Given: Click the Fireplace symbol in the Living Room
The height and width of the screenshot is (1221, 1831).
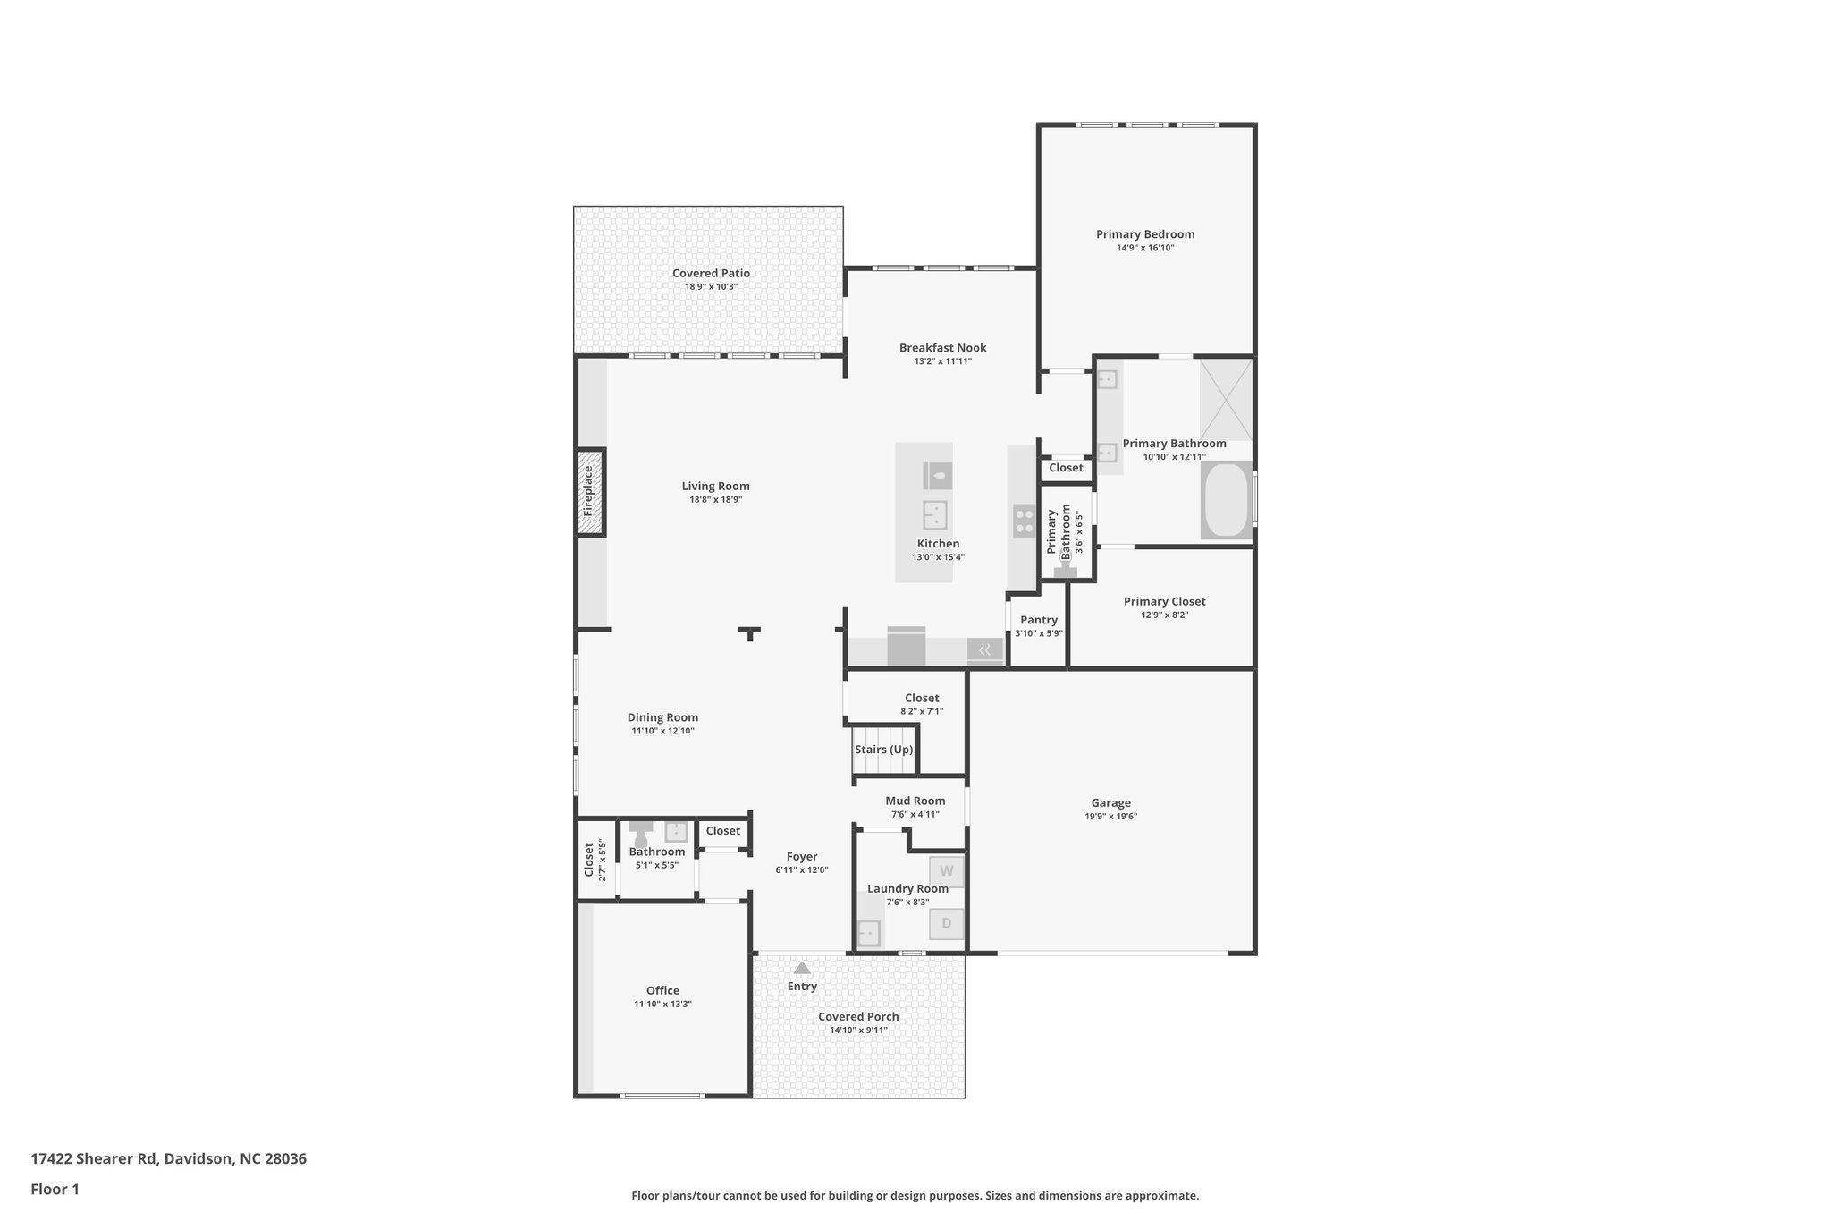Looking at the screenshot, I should coord(590,492).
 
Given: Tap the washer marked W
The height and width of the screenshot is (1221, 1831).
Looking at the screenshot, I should coord(946,871).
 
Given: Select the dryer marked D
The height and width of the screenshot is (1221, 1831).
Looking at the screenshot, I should coord(946,923).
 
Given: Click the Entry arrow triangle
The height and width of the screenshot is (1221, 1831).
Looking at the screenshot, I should coord(802,968).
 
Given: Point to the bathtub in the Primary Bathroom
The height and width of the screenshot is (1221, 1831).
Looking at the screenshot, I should coord(1227,500).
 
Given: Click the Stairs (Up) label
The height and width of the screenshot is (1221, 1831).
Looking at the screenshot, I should coord(883,750).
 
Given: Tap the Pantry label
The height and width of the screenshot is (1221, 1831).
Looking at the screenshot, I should coord(1039,620).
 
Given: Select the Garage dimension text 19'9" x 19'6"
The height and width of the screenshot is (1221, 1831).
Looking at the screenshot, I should coord(1110,816).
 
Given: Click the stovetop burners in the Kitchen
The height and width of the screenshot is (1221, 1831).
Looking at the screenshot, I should coord(1024,521).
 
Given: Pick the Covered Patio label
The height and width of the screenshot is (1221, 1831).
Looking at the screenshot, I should coord(711,274).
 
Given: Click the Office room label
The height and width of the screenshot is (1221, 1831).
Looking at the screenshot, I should coord(662,990).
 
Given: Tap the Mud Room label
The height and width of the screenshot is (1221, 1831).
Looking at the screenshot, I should coord(915,801).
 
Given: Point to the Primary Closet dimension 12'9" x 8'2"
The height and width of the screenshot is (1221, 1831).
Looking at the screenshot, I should coord(1164,615).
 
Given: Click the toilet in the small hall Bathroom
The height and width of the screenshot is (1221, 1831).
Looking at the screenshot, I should coord(640,835).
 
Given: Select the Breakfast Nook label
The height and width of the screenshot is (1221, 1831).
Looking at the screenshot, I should coord(942,348).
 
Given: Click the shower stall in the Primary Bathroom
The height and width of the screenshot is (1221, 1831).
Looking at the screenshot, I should coord(1226,400).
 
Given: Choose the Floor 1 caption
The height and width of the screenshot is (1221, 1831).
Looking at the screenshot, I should coord(55,1189).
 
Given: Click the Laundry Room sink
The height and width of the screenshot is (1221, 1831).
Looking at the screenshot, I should coord(868,933).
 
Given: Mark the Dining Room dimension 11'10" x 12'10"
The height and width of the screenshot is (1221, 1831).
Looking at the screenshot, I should coord(662,731).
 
